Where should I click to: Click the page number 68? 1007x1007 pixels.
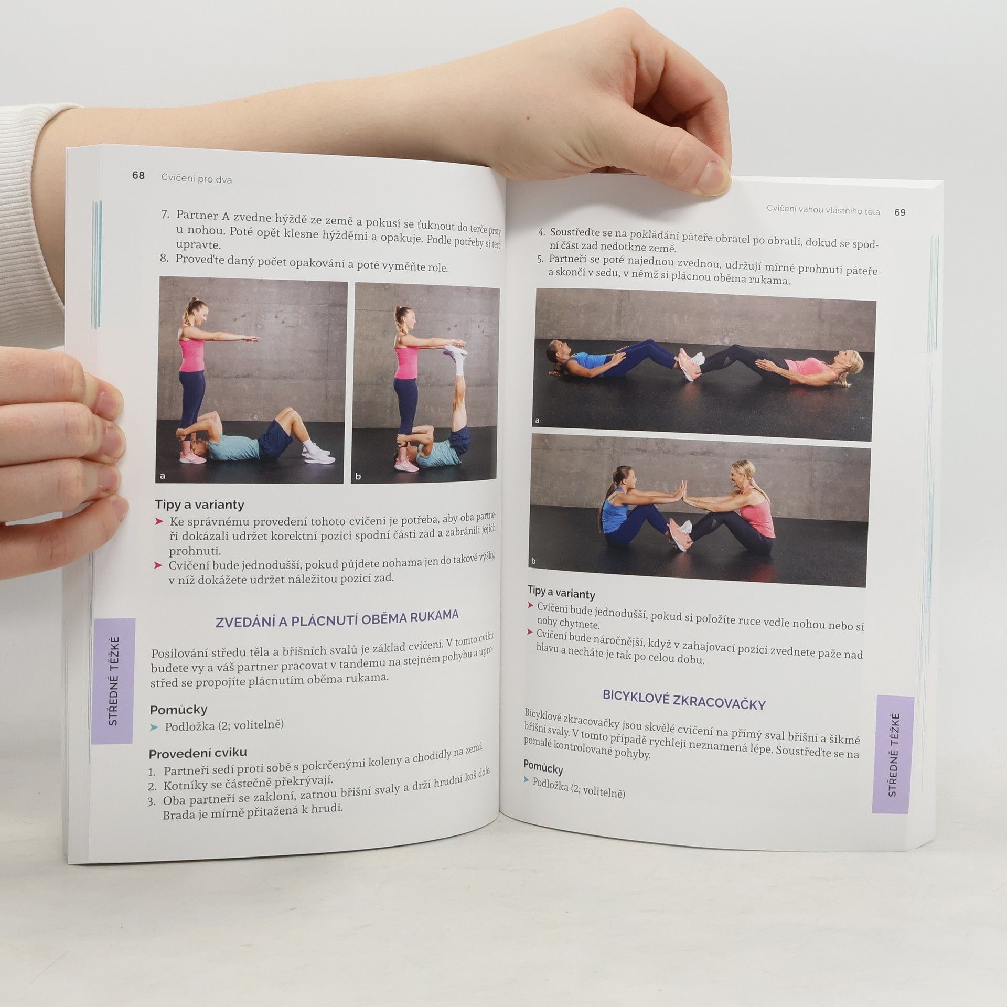click(x=138, y=175)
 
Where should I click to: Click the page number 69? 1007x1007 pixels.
click(x=900, y=212)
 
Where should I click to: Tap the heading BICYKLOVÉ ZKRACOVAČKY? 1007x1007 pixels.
click(x=684, y=701)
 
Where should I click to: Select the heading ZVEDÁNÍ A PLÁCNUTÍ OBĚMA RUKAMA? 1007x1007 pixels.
click(x=337, y=618)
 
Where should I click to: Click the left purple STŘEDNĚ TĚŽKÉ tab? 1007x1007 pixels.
click(x=113, y=681)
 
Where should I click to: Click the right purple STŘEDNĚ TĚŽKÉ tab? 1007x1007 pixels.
click(x=893, y=754)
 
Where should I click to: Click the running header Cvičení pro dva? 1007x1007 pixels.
click(x=197, y=179)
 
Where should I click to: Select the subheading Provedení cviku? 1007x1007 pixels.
click(x=198, y=754)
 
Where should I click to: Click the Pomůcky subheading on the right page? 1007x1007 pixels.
click(x=543, y=768)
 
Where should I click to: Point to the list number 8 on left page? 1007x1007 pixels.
click(x=164, y=258)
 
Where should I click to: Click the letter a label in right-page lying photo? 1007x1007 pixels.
click(x=537, y=421)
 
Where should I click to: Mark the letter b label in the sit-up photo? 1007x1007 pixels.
click(x=533, y=561)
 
